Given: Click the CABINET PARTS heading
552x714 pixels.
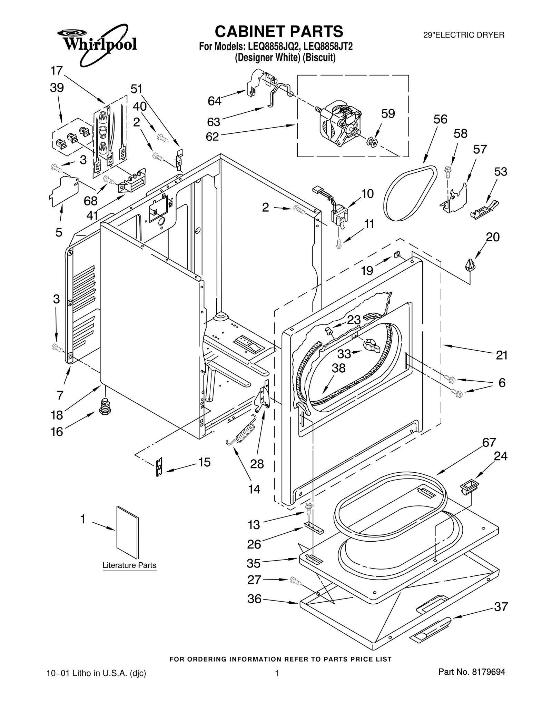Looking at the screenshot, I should tap(279, 31).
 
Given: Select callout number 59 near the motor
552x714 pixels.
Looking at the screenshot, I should tap(388, 113).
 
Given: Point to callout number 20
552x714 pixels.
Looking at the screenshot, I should tap(493, 237).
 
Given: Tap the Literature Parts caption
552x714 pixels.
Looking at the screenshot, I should tap(129, 565).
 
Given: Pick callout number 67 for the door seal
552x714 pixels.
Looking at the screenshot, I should tap(489, 442).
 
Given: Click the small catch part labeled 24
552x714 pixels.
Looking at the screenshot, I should tap(470, 487).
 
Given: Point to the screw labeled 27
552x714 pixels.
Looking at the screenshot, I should tap(295, 581).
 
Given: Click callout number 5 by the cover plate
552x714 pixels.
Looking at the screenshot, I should tap(59, 232).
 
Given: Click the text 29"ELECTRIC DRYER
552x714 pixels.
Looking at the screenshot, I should tap(464, 35).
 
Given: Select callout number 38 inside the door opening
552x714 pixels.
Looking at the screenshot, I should tap(338, 368).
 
